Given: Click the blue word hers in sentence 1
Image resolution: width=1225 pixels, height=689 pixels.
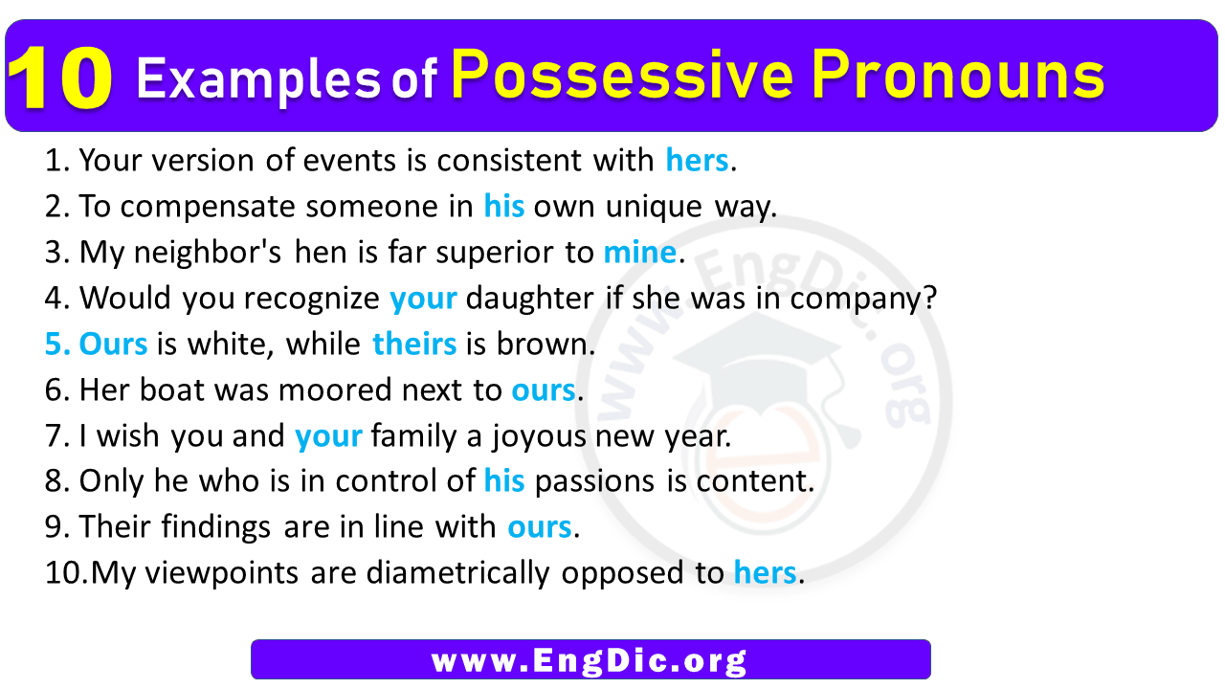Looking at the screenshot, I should pos(697,161).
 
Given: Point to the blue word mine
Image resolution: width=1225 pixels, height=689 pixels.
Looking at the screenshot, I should pos(639,253).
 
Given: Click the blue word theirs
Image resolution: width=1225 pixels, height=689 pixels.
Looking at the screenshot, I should pos(414,344).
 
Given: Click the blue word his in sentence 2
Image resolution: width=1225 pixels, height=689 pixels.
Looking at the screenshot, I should pos(504,207).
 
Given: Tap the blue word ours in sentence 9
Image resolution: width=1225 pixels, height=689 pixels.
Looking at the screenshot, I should pos(540,527).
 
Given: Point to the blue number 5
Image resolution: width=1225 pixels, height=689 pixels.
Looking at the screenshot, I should pos(56,344).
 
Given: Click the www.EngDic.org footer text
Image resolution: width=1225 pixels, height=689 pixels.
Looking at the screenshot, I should pos(590,660).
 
